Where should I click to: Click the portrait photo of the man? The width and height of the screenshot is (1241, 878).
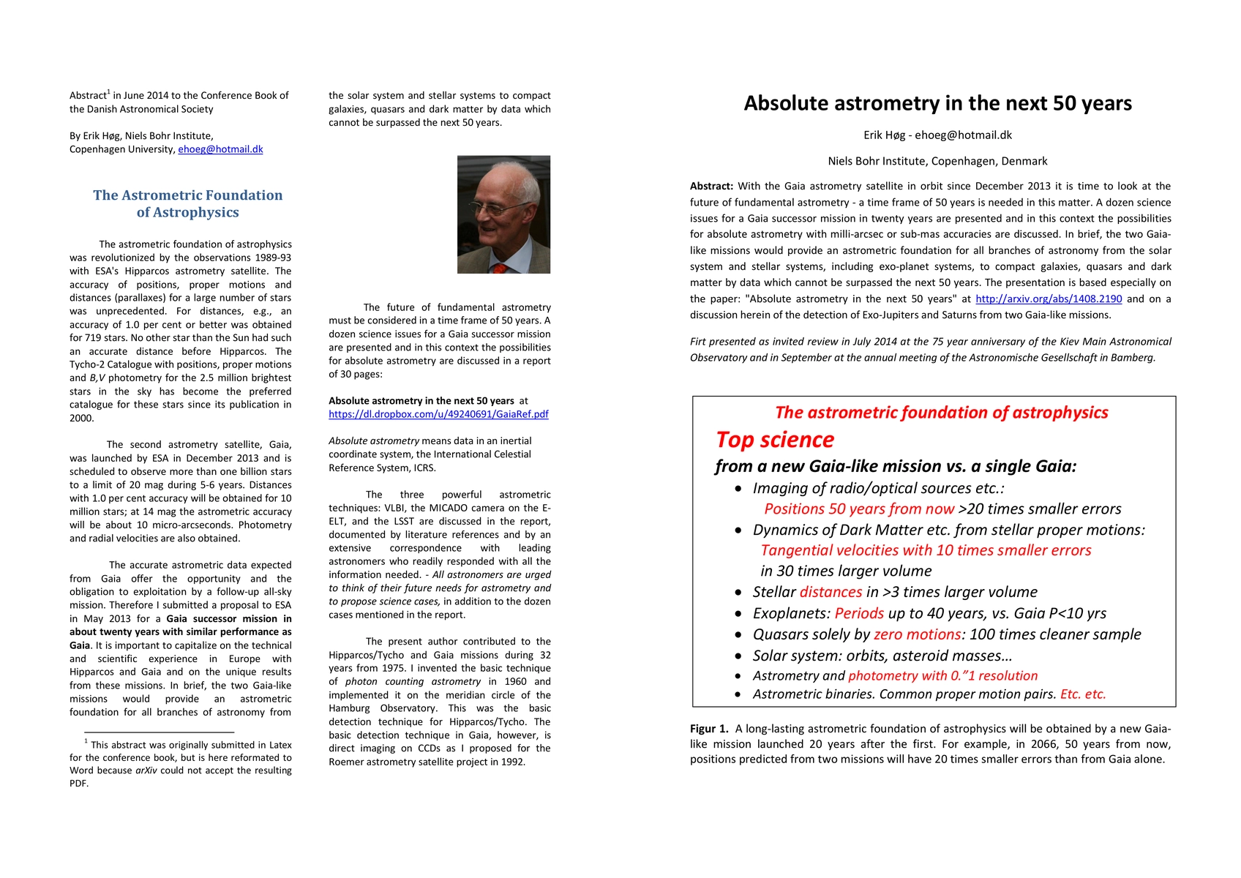pyautogui.click(x=503, y=214)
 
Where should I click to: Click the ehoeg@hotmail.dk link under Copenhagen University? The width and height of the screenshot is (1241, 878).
pyautogui.click(x=220, y=149)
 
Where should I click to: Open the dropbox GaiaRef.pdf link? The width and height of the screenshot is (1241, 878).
pyautogui.click(x=438, y=414)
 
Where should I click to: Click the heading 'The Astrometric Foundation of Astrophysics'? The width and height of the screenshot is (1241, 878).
pyautogui.click(x=188, y=203)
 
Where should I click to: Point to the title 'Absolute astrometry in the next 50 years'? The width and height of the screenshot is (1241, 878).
pyautogui.click(x=937, y=103)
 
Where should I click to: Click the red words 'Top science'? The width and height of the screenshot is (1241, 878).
pyautogui.click(x=775, y=440)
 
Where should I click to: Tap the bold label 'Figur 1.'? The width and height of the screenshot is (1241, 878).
pyautogui.click(x=709, y=729)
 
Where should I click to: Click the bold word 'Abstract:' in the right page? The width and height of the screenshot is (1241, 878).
pyautogui.click(x=711, y=187)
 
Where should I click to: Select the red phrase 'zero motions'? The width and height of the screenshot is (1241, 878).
pyautogui.click(x=917, y=634)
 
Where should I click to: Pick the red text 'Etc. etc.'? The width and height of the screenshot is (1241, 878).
pyautogui.click(x=1083, y=694)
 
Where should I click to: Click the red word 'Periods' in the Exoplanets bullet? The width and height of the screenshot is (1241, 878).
pyautogui.click(x=859, y=613)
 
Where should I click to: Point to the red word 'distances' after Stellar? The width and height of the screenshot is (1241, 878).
pyautogui.click(x=831, y=592)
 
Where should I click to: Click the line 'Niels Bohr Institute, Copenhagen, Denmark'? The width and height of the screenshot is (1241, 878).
pyautogui.click(x=937, y=161)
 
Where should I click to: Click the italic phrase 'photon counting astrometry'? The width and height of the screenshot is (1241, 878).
pyautogui.click(x=413, y=682)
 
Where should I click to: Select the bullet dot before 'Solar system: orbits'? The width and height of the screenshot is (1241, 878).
pyautogui.click(x=738, y=656)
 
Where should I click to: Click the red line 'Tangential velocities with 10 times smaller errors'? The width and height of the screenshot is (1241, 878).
pyautogui.click(x=926, y=550)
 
